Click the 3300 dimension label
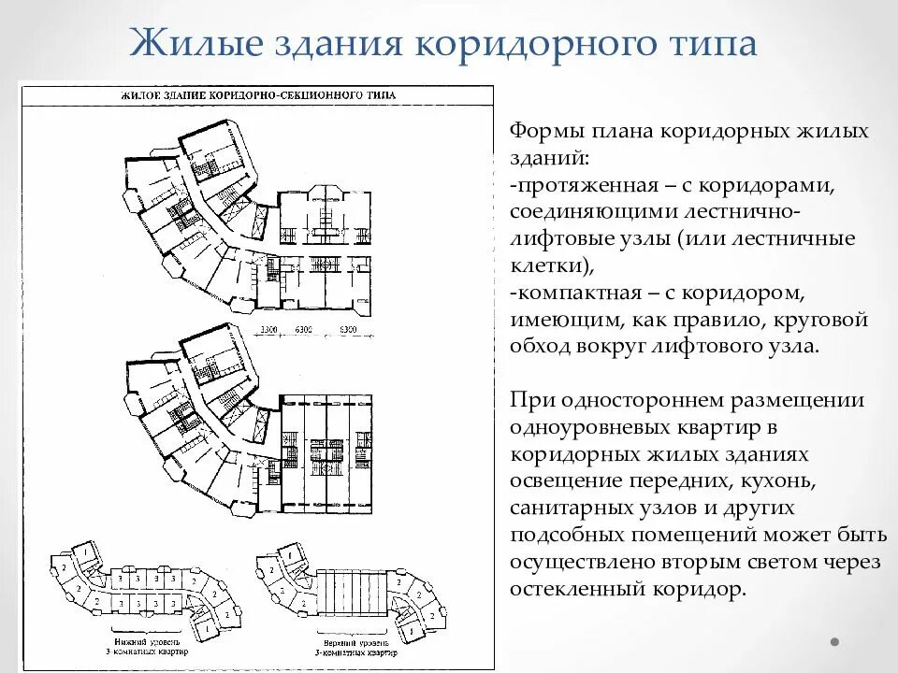pos(269,330)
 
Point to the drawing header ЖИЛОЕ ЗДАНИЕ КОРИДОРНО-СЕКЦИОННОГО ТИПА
pos(258,95)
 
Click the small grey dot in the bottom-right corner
pos(833,642)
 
